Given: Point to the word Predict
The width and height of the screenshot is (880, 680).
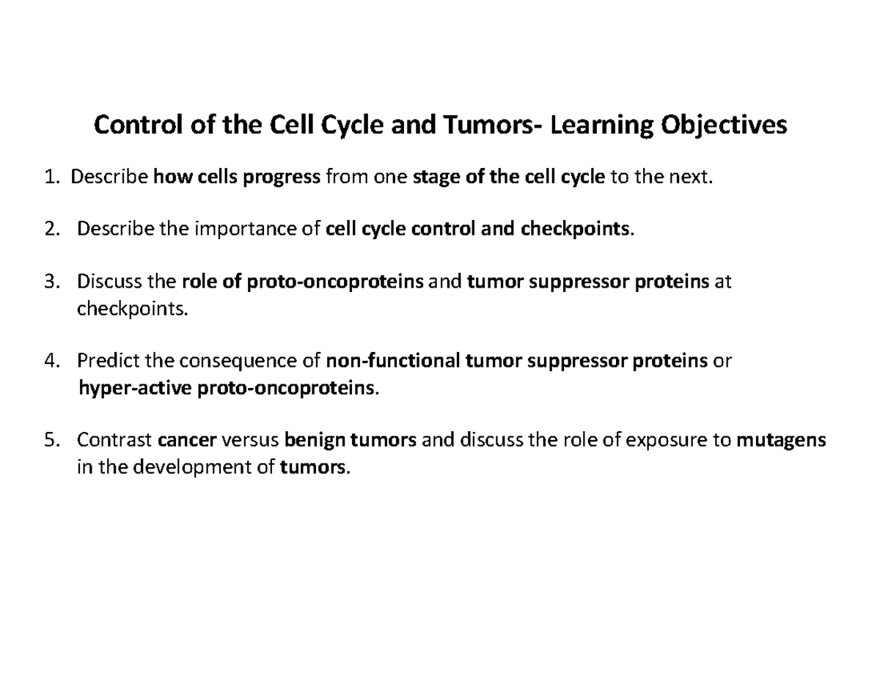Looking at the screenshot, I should [x=108, y=361].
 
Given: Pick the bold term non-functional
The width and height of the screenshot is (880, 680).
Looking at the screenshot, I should [x=393, y=361].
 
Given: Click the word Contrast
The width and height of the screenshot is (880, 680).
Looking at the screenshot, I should [x=114, y=440].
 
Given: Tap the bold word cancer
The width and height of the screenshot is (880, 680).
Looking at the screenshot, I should [x=187, y=440].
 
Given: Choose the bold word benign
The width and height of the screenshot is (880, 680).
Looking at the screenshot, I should [x=315, y=440].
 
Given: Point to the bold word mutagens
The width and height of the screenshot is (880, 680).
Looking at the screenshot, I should [x=781, y=440].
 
